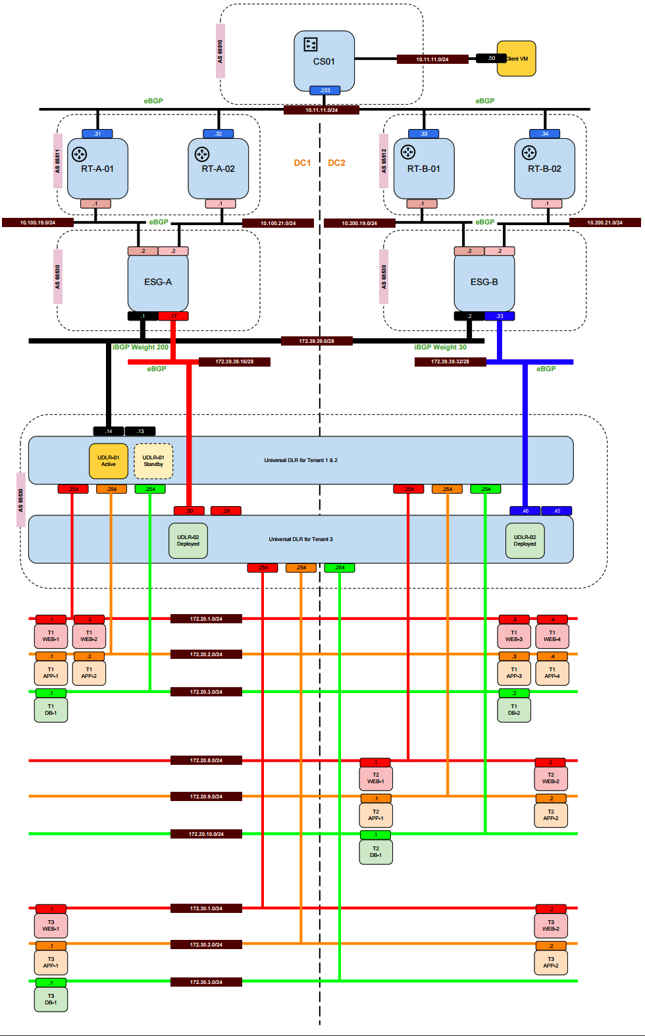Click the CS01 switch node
pos(324,61)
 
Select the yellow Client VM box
pos(517,59)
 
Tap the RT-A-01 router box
pos(97,168)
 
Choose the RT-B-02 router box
pos(544,168)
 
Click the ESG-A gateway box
pos(158,282)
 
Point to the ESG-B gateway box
pos(484,282)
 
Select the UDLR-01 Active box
pos(109,461)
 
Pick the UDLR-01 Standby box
pos(153,461)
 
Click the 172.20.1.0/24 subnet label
pos(206,619)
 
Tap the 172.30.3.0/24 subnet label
pos(206,982)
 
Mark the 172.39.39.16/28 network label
pos(234,361)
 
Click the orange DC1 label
pos(302,163)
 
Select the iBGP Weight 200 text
pos(140,347)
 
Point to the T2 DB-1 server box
pos(376,852)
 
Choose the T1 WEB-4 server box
pos(552,636)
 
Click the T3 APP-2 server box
pos(551,962)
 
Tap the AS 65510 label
pos(220,51)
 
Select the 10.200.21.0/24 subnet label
pos(605,222)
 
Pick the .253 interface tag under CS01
pos(324,90)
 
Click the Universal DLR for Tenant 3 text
pos(301,539)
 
